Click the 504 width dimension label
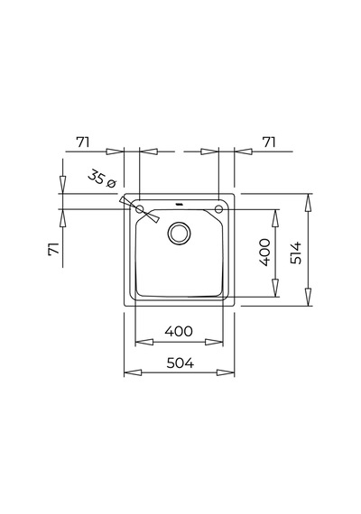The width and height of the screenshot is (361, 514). (180, 363)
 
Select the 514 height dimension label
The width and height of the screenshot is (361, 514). (296, 252)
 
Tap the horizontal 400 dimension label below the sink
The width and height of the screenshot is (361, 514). (179, 332)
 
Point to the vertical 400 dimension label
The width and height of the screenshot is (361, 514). (264, 252)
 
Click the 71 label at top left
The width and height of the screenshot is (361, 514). (83, 142)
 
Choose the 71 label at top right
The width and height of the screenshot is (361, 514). (269, 142)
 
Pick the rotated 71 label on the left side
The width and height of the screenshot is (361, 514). (54, 249)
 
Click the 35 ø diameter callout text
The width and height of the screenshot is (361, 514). (102, 179)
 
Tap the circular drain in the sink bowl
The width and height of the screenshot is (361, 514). (179, 233)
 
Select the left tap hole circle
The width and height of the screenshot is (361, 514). (140, 208)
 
